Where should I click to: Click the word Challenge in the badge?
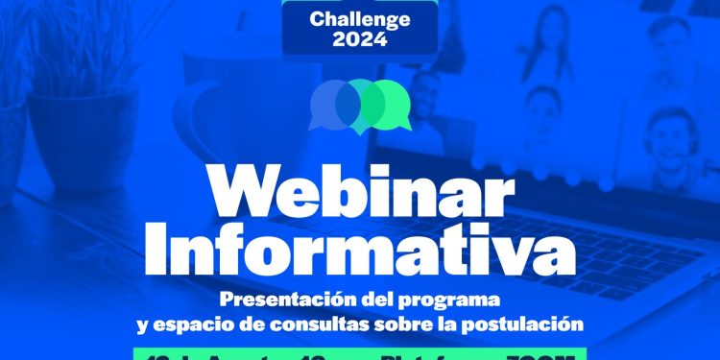360,18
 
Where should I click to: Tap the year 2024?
360,39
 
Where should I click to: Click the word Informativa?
359,247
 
